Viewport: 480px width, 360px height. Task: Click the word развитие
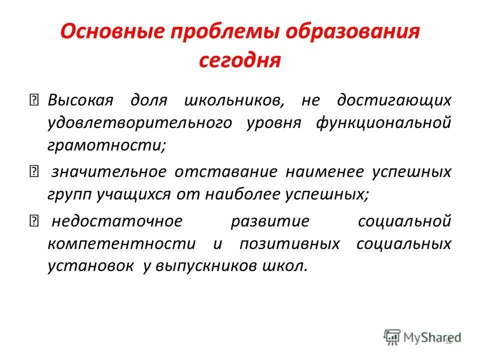[x=270, y=221]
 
